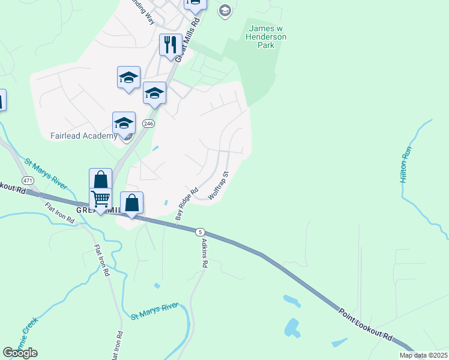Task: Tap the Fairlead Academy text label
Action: click(x=84, y=136)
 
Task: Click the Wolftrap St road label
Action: click(x=218, y=187)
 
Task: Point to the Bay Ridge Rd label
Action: click(x=186, y=205)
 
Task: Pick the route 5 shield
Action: click(x=200, y=232)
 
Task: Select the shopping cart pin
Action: click(x=100, y=198)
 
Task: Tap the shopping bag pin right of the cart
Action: click(x=132, y=203)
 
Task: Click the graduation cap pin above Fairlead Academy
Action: click(x=124, y=123)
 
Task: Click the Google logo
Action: click(x=20, y=352)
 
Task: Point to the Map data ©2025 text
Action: click(x=423, y=355)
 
